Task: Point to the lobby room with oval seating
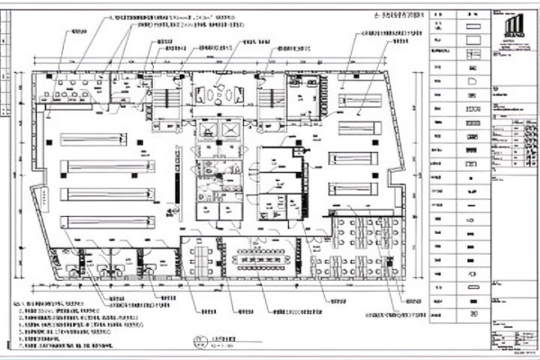tap(218, 94)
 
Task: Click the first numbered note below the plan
tap(54, 305)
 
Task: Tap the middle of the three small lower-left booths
tap(112, 262)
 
